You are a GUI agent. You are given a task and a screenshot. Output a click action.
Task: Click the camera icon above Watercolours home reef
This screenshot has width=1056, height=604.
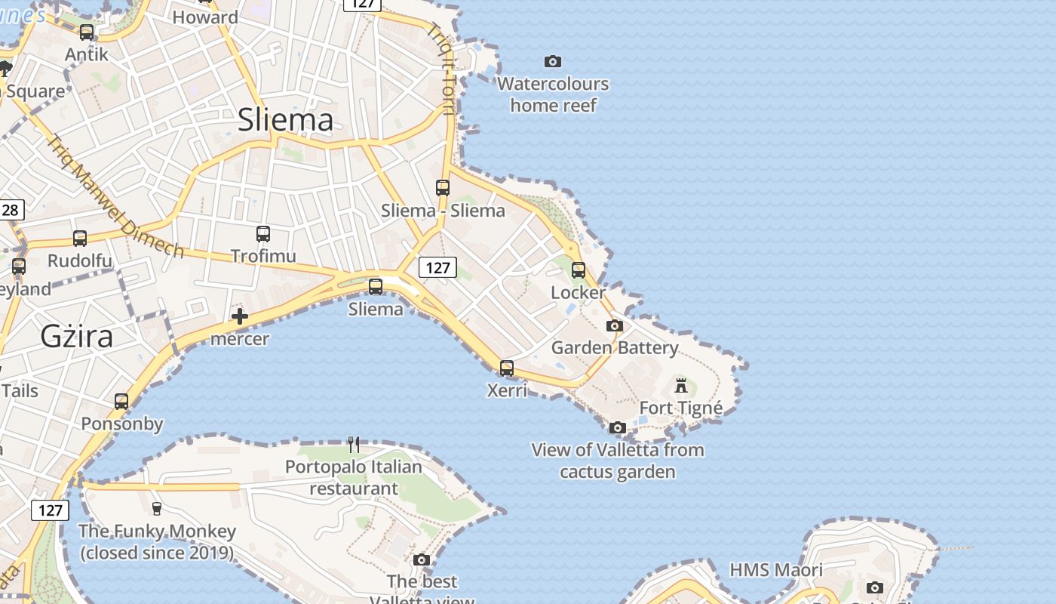coord(553,61)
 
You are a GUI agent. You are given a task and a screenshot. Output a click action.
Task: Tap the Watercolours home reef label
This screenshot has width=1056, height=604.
coord(553,94)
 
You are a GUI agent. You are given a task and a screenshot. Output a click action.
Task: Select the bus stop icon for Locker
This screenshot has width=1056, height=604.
coord(579,270)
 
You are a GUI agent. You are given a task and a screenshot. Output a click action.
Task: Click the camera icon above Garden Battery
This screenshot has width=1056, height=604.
coord(615,325)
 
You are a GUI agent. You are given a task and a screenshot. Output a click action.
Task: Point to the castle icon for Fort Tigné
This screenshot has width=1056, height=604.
coord(681,386)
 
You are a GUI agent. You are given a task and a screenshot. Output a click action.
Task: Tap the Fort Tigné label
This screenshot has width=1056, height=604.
coord(681,408)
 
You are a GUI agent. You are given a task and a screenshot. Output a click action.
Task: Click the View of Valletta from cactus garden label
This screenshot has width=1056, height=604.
coord(618,461)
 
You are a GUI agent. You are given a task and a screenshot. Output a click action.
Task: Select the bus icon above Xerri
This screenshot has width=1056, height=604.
coord(507,368)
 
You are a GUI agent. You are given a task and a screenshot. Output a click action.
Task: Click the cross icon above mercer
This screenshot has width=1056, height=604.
coord(240,316)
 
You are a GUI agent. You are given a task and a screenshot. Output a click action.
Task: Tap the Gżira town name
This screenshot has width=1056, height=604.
coord(77,336)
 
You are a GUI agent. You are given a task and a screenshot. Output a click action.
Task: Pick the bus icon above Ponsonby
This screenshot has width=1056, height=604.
coord(121,401)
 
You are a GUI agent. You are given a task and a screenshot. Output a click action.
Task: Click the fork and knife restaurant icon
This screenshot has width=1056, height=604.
coord(353,445)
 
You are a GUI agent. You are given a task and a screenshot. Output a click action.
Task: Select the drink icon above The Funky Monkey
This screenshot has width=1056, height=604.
coord(157,508)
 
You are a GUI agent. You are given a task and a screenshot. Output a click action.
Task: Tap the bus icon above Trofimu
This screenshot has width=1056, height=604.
coord(262,234)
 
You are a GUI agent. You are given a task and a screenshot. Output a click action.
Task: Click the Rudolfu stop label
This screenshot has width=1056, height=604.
coord(79,261)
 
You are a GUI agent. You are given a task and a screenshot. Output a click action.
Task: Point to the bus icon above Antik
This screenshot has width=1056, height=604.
coord(87,32)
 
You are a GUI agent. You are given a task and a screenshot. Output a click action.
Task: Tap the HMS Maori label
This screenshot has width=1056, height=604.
coord(776,569)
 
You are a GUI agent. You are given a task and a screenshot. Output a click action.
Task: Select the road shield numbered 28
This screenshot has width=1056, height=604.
coord(10,210)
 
